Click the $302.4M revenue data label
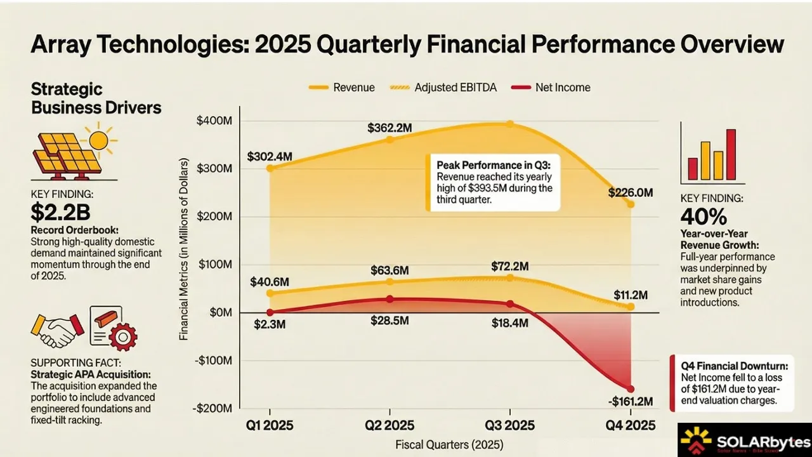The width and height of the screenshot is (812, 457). click(x=270, y=156)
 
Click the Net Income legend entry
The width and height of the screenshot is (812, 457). click(x=562, y=88)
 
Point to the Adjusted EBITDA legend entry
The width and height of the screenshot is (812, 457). click(x=454, y=88)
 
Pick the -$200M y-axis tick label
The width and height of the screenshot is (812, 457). click(x=214, y=408)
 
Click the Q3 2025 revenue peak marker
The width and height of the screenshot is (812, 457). click(x=509, y=124)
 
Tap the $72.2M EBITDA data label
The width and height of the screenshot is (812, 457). click(x=510, y=265)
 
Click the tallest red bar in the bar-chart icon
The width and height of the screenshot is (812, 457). click(x=731, y=154)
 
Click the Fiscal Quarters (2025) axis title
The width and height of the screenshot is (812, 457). click(x=449, y=444)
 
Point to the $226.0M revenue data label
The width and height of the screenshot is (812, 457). click(x=631, y=192)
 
